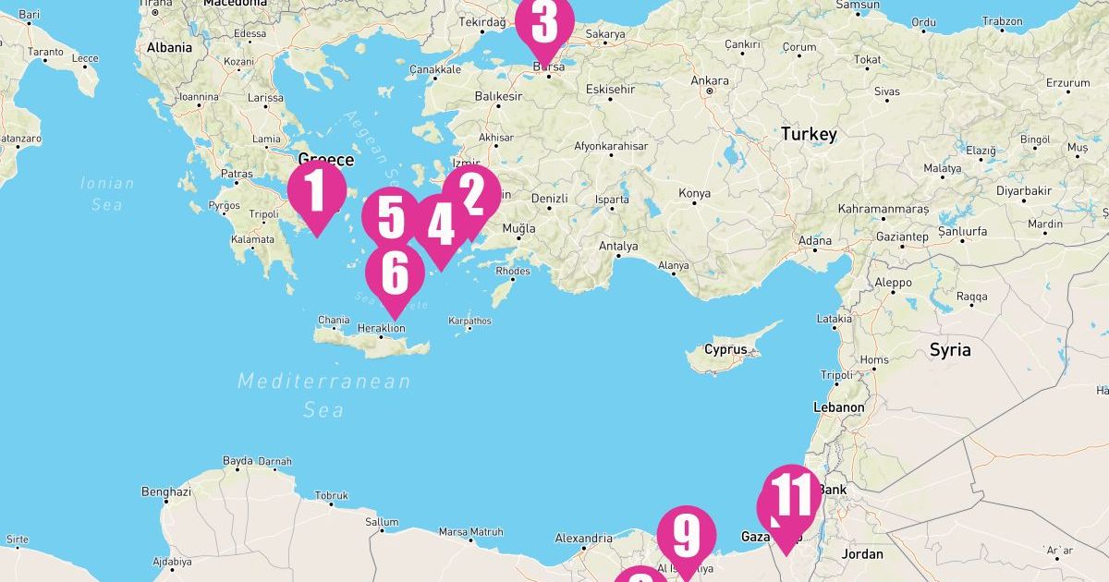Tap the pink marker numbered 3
pos(544,24)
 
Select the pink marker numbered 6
pos(395,273)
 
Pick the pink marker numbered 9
pos(687,535)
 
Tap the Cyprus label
pos(725,350)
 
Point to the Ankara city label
pos(710,80)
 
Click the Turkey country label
pos(809,134)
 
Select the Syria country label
pos(950,350)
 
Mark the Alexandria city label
pos(583,539)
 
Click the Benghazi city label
pos(166,492)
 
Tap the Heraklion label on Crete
pos(381,328)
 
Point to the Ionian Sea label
pos(107,193)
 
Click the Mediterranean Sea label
pos(323,394)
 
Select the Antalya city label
pos(618,247)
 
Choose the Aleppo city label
pos(893,283)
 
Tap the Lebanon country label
pos(838,407)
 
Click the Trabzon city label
pos(1003,21)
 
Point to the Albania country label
pos(169,47)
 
